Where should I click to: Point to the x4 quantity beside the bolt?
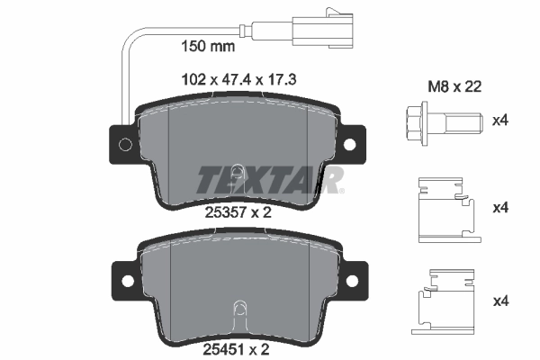point(502,118)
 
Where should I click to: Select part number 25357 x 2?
point(235,212)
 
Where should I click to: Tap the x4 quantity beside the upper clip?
point(502,209)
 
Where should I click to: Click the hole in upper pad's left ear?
point(124,145)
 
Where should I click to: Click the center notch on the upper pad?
point(237,173)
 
